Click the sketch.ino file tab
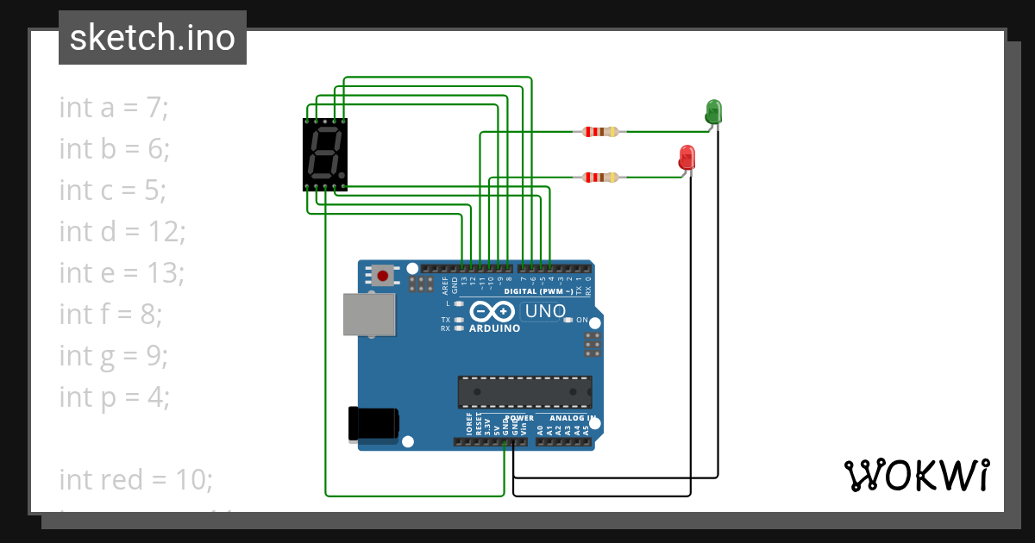[153, 38]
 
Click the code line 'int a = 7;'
[114, 108]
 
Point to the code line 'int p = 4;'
[114, 397]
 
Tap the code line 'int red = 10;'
[135, 479]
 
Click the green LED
[713, 112]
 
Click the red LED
[687, 158]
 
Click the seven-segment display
[324, 154]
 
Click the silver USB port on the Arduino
[369, 314]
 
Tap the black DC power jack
[373, 423]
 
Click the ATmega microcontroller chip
[524, 392]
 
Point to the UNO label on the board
[545, 311]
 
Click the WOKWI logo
[916, 475]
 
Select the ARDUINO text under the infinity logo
[494, 328]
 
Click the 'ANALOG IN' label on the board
[567, 418]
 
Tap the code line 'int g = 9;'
[114, 356]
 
